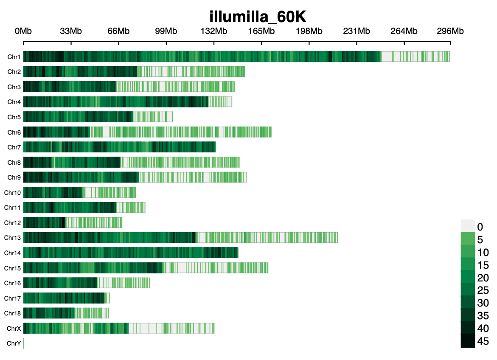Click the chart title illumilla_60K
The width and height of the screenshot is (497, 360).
[258, 17]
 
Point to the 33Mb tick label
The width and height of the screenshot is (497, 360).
[71, 31]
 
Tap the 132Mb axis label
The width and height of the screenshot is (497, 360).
[213, 31]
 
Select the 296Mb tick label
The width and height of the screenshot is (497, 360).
[450, 31]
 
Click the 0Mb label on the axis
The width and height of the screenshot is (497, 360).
[23, 31]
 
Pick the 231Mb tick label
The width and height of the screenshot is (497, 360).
[357, 31]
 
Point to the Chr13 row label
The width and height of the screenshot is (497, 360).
[12, 238]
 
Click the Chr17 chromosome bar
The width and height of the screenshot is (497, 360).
[66, 298]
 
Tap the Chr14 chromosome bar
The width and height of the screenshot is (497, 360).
[131, 253]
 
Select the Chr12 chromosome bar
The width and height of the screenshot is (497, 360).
[73, 222]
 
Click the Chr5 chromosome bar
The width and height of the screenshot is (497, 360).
[98, 117]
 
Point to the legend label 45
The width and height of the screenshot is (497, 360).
[483, 341]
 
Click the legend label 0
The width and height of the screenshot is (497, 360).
[480, 227]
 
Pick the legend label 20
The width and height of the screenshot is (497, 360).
[483, 278]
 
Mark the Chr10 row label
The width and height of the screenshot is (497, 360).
[12, 193]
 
